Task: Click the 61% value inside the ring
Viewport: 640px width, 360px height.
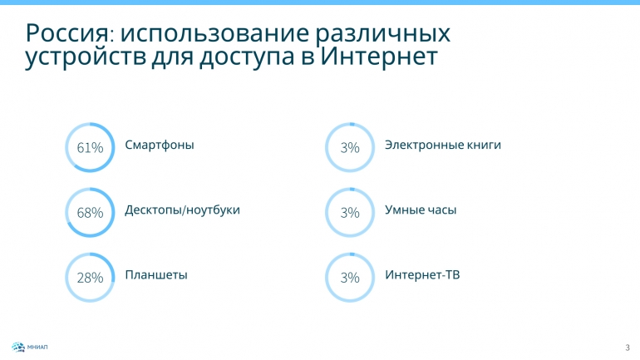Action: point(90,147)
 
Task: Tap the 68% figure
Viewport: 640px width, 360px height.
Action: point(90,213)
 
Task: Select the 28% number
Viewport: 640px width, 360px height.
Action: point(90,278)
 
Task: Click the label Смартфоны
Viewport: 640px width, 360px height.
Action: point(160,145)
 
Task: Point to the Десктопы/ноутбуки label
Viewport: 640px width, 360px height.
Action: point(183,210)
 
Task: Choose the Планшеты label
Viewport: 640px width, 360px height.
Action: point(156,275)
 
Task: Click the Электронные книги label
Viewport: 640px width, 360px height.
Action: point(443,145)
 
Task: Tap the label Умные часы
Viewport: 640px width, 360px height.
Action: point(421,210)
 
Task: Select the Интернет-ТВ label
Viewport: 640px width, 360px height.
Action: point(422,274)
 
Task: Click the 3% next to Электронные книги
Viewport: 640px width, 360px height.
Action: point(350,147)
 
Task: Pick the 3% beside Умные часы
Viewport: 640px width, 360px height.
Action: point(350,213)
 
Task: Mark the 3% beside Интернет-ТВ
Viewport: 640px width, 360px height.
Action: point(350,278)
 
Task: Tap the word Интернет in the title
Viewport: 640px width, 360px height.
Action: point(378,57)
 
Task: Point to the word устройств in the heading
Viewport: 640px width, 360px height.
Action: point(86,58)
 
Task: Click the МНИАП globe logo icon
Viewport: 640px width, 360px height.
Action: point(18,348)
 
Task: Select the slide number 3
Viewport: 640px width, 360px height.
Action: point(628,348)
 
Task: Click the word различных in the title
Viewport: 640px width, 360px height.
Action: point(383,34)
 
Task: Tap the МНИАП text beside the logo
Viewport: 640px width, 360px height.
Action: point(37,348)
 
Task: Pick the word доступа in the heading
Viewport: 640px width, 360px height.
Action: point(247,58)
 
